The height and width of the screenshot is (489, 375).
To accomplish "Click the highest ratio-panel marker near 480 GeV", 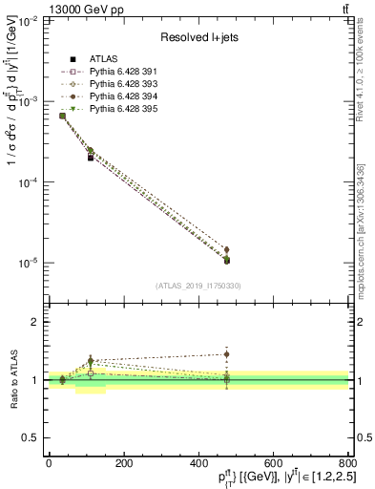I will click(x=227, y=354).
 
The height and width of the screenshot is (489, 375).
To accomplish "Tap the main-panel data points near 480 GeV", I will click(x=227, y=258).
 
